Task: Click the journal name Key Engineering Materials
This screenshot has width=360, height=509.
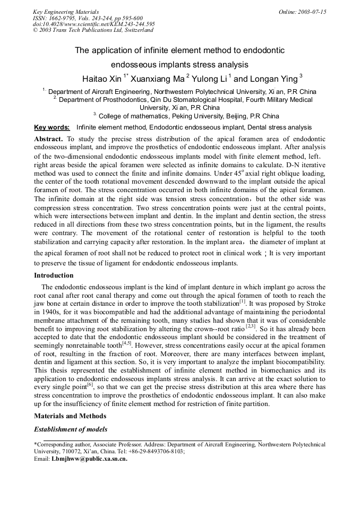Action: pos(65,12)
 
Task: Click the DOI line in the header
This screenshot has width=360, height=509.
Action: pos(93,24)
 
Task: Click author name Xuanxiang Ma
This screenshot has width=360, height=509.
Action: pos(156,79)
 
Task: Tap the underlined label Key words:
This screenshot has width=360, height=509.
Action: pos(52,127)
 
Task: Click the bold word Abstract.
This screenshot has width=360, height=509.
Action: pos(48,139)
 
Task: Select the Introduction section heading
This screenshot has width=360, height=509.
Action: pos(54,275)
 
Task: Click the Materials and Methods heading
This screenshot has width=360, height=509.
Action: pos(70,416)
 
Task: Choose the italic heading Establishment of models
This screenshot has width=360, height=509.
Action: pos(70,429)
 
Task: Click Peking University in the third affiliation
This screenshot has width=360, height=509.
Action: pos(188,116)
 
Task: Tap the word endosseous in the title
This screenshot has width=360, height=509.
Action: pos(135,65)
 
